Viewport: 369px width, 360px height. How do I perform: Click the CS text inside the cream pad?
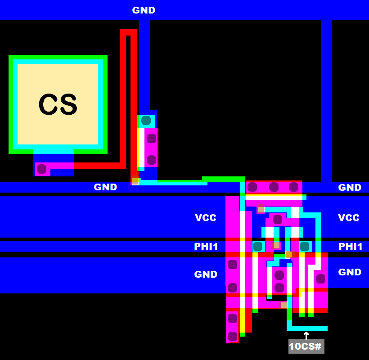coord(58,104)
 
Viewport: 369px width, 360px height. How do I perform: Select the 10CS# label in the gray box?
coord(306,346)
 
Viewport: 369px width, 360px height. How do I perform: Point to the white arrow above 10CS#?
coord(306,335)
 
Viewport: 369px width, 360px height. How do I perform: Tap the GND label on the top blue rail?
coord(144,10)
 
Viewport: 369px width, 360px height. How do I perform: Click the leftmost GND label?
coord(105,187)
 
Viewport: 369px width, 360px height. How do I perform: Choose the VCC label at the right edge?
coord(349,218)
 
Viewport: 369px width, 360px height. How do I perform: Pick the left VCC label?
coord(206,218)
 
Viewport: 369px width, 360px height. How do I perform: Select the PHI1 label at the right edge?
coord(351,247)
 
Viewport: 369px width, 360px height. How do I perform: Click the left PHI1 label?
coord(206,247)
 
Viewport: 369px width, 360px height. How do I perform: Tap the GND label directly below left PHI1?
coord(206,274)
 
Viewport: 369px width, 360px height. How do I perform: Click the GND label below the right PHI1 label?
coord(350,272)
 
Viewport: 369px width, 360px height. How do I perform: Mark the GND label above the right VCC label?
coord(350,188)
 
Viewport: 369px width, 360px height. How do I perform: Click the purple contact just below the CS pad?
coord(42,169)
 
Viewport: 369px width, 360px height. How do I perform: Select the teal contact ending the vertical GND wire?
coord(146,121)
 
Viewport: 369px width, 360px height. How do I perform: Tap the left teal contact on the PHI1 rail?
coord(257,246)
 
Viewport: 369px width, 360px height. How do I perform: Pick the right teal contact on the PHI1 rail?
coord(304,246)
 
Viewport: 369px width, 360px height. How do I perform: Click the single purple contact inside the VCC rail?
coord(277,220)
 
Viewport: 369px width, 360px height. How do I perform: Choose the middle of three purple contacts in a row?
coord(274,187)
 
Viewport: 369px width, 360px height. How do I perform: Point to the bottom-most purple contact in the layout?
coord(232,336)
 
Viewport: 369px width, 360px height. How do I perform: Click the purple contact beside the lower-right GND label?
coord(320,279)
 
